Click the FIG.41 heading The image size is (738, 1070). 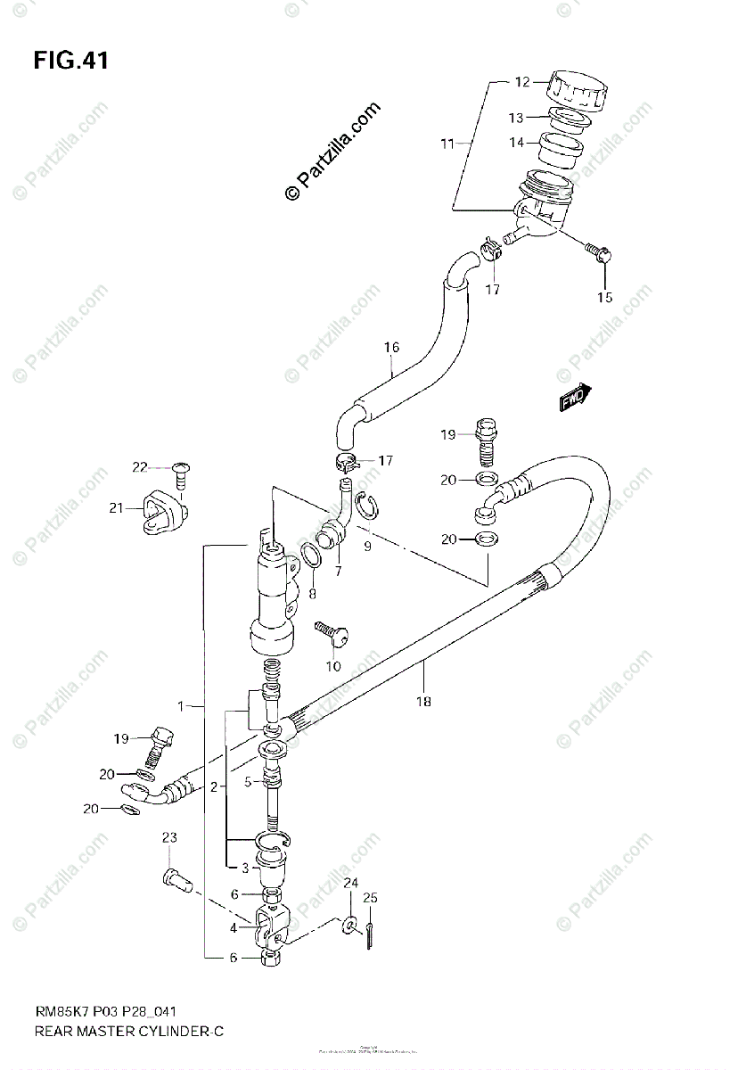[70, 61]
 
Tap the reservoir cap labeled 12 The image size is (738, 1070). [577, 87]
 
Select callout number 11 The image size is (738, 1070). [447, 143]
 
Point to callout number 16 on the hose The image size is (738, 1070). [391, 347]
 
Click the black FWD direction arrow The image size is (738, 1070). [574, 398]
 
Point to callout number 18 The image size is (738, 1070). [422, 701]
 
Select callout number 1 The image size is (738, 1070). [180, 706]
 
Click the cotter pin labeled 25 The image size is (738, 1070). [368, 936]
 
